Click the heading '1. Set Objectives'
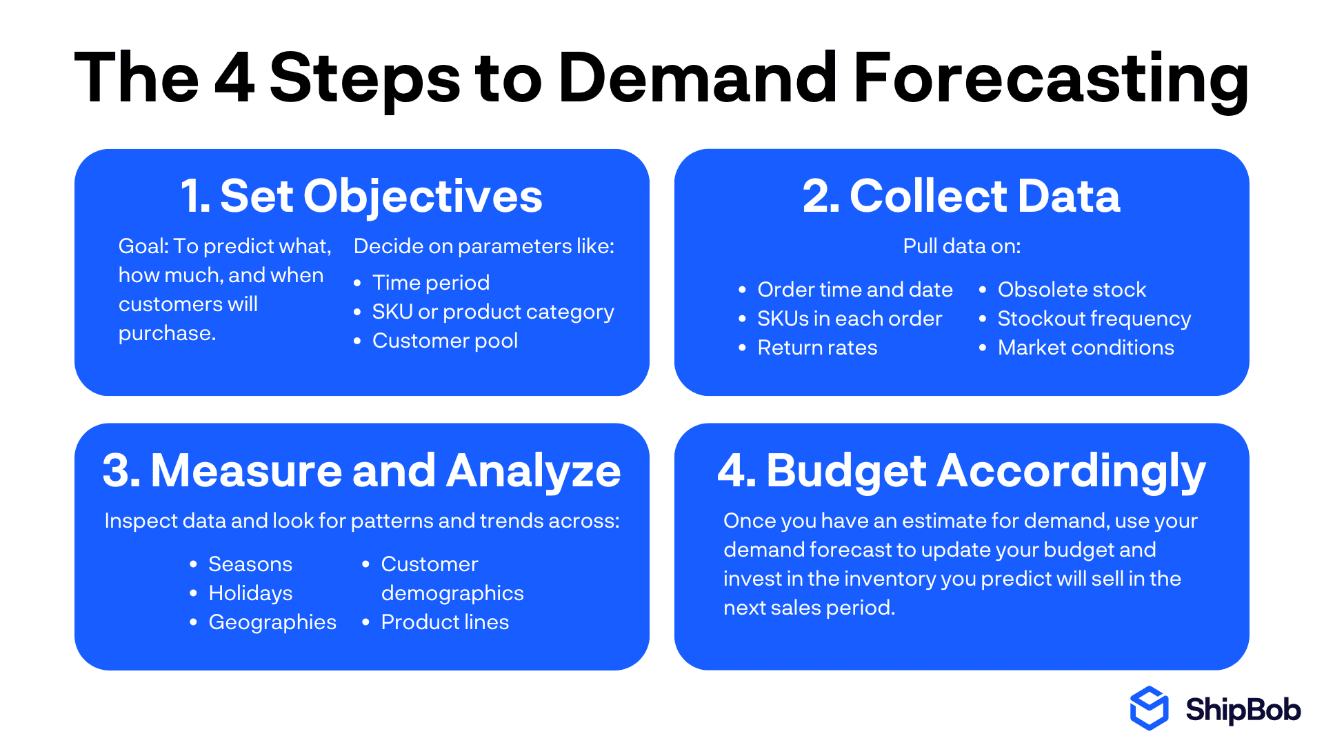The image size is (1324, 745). click(x=361, y=197)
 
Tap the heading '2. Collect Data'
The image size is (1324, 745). click(x=961, y=197)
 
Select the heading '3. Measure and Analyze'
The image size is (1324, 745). click(x=361, y=471)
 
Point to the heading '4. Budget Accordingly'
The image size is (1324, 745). click(x=961, y=471)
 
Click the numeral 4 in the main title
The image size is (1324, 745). click(x=234, y=78)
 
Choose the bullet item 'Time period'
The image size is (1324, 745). click(x=431, y=283)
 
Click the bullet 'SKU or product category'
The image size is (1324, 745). click(x=493, y=312)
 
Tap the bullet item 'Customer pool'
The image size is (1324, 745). click(x=445, y=341)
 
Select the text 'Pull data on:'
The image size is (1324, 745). click(x=961, y=246)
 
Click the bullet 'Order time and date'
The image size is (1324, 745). click(x=855, y=290)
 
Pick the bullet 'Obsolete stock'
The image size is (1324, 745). click(x=1072, y=290)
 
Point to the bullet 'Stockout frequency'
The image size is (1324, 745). click(x=1094, y=319)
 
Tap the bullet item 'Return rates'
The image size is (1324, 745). click(x=817, y=348)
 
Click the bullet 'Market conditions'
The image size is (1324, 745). click(x=1085, y=348)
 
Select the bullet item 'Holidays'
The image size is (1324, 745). click(x=250, y=593)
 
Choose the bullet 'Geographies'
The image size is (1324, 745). click(x=272, y=622)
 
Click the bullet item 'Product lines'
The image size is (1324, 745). click(x=445, y=622)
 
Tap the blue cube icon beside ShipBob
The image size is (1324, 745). click(x=1149, y=708)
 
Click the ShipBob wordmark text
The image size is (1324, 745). click(x=1243, y=710)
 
